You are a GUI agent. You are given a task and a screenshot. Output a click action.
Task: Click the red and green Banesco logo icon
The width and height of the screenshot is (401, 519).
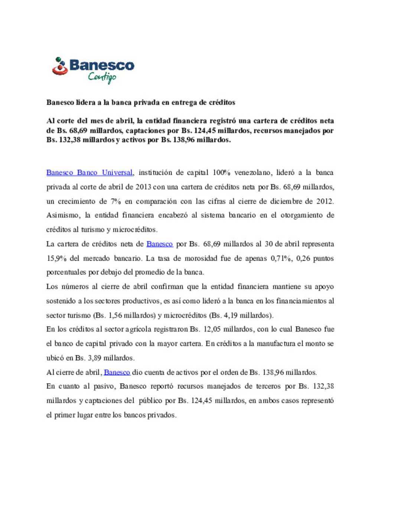(x=60, y=66)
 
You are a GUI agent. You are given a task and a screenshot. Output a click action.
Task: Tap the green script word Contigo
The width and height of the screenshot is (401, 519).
(x=102, y=77)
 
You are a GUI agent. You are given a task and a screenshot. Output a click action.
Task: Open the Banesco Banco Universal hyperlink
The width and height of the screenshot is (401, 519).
(x=89, y=173)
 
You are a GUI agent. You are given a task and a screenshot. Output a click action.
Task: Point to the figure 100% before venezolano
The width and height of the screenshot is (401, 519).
(x=221, y=173)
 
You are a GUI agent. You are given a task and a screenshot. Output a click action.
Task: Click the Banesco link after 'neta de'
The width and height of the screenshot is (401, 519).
(x=160, y=244)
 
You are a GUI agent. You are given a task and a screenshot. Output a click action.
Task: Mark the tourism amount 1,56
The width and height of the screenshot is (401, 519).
(x=115, y=316)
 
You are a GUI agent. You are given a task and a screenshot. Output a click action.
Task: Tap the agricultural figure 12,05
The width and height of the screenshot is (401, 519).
(x=212, y=329)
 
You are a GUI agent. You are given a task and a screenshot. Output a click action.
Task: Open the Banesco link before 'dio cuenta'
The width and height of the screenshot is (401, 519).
(x=117, y=372)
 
